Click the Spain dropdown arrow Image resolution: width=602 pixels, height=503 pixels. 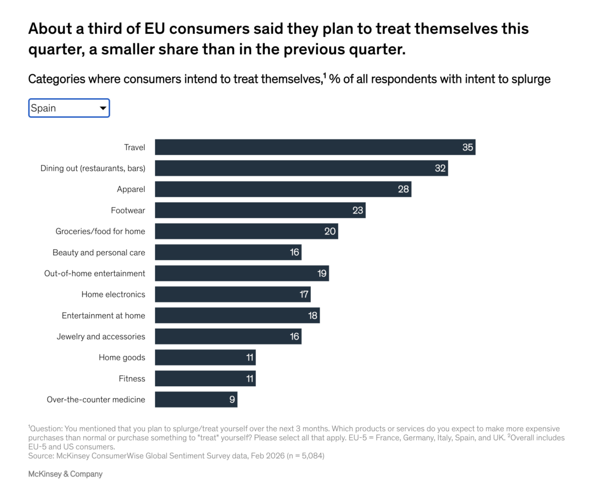click(x=103, y=108)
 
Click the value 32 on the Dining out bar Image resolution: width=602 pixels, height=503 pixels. click(x=441, y=168)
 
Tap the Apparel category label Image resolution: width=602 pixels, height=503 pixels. click(x=131, y=189)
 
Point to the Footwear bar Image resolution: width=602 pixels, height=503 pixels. click(x=259, y=210)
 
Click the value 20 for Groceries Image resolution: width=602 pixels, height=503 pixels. click(x=330, y=232)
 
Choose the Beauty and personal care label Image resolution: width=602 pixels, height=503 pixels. click(x=99, y=253)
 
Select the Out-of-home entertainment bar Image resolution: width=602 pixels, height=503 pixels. click(x=241, y=274)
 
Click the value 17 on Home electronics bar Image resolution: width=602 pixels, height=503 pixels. click(x=304, y=295)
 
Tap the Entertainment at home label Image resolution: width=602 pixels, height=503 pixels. click(x=103, y=316)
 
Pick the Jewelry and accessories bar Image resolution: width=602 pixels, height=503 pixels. click(x=228, y=336)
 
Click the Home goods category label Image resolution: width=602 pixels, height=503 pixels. click(x=122, y=358)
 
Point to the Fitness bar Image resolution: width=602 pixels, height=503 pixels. click(x=205, y=378)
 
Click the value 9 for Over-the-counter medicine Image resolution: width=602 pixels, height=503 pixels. click(x=232, y=400)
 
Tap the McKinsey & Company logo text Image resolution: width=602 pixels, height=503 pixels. click(x=65, y=474)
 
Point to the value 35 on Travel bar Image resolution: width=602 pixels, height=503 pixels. click(x=468, y=147)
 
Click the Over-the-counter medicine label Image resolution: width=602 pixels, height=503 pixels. click(x=96, y=400)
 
